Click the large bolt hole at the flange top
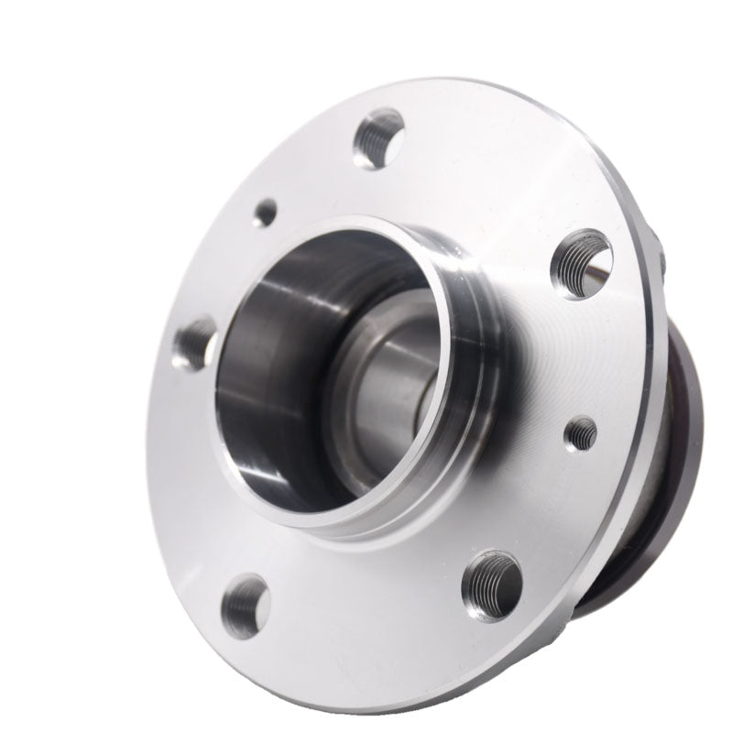tap(378, 138)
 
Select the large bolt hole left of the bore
tap(195, 344)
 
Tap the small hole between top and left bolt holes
tap(266, 213)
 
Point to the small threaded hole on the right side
tap(581, 432)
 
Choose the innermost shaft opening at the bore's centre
tap(403, 394)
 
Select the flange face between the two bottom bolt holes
tap(366, 623)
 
